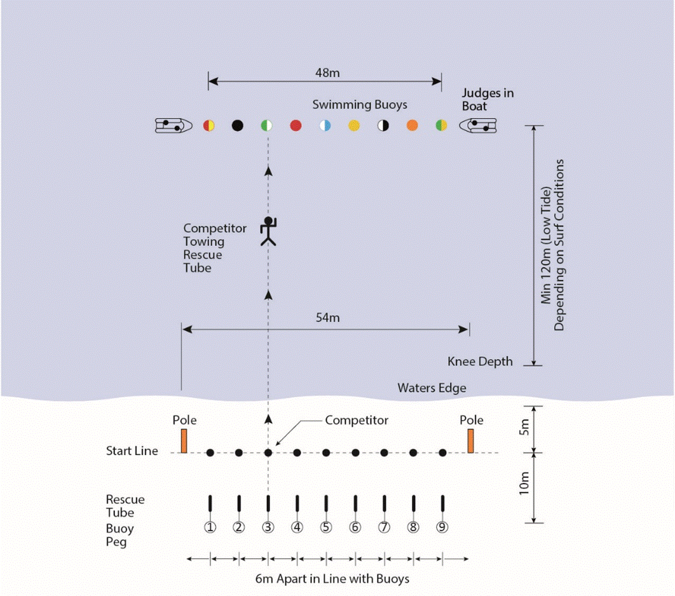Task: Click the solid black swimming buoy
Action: pyautogui.click(x=238, y=125)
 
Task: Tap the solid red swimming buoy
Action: pyautogui.click(x=296, y=125)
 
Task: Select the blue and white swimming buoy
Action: pyautogui.click(x=325, y=125)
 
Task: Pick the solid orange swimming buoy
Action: pyautogui.click(x=412, y=125)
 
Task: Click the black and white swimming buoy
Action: pyautogui.click(x=383, y=125)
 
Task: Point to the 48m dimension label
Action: pyautogui.click(x=327, y=72)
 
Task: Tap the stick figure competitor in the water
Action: pyautogui.click(x=269, y=231)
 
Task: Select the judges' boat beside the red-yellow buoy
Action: pyautogui.click(x=174, y=125)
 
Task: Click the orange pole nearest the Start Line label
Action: pyautogui.click(x=184, y=440)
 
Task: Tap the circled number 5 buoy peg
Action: pyautogui.click(x=326, y=527)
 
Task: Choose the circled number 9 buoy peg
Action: pyautogui.click(x=442, y=527)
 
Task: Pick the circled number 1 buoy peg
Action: pyautogui.click(x=210, y=527)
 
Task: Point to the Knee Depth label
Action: pyautogui.click(x=480, y=362)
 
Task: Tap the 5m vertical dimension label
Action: pyautogui.click(x=524, y=429)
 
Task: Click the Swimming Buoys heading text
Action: pyautogui.click(x=359, y=104)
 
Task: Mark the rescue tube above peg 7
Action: pyautogui.click(x=384, y=503)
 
